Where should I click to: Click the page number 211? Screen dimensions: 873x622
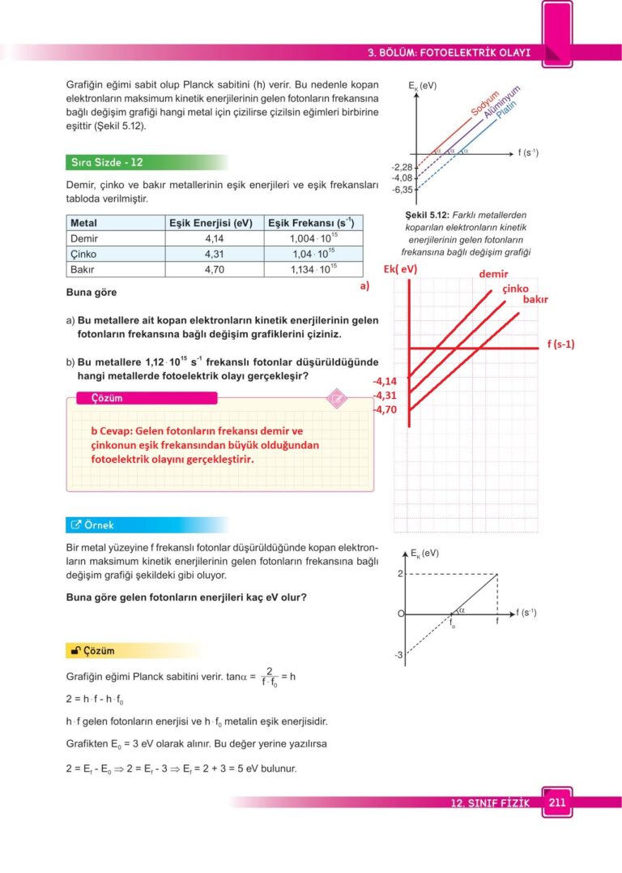click(556, 802)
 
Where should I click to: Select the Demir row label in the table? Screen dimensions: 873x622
click(84, 239)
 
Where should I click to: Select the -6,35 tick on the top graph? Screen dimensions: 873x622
click(402, 190)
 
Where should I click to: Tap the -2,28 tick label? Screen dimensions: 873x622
click(402, 168)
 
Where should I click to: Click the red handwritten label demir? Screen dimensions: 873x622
click(493, 274)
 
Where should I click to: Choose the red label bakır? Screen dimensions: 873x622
click(535, 300)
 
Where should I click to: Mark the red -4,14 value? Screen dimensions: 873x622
click(386, 380)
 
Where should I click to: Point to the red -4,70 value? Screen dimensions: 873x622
click(386, 410)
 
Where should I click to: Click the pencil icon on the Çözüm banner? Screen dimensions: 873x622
click(335, 399)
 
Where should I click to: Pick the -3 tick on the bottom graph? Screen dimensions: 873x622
click(398, 655)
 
